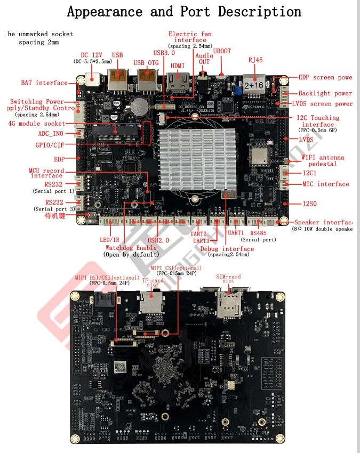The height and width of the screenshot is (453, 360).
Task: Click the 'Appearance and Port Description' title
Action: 184,12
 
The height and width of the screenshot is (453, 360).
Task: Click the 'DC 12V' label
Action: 92,55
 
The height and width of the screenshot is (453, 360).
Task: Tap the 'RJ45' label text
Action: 255,60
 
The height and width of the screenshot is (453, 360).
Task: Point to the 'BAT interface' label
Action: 44,83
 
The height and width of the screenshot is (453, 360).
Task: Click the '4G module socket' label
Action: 37,124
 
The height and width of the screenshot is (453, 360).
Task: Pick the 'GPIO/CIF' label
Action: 52,145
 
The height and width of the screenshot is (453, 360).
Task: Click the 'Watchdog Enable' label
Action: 131,248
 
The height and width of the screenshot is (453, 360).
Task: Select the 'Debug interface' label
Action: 227,249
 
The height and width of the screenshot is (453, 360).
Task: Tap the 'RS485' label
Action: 258,233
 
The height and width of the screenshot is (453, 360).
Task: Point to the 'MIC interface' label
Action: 325,184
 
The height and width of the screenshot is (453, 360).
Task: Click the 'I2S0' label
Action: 310,204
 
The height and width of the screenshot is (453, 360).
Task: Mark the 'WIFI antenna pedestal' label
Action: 323,161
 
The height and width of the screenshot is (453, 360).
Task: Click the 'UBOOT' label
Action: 222,51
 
